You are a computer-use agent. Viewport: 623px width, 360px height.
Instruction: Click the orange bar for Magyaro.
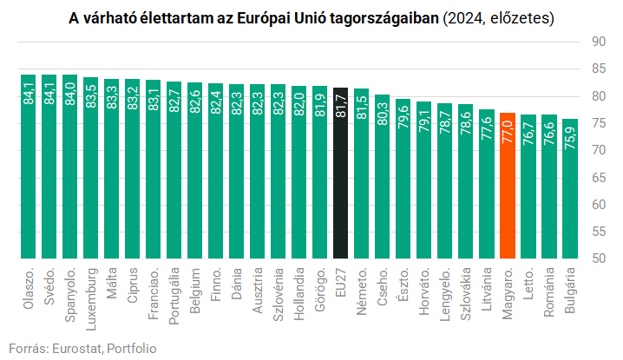508,187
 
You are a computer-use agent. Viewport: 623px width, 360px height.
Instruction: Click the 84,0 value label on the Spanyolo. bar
70,92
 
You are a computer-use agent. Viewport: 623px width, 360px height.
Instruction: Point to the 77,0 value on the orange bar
508,130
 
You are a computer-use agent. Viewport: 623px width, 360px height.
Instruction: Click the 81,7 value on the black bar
341,105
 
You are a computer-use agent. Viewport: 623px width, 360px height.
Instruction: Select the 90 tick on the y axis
598,42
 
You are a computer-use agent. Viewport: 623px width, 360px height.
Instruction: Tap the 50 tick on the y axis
598,259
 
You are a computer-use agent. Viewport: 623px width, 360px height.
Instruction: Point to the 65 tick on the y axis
598,177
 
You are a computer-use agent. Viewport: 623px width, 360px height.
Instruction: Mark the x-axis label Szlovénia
279,295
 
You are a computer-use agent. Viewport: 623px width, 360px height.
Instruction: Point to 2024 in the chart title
466,17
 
